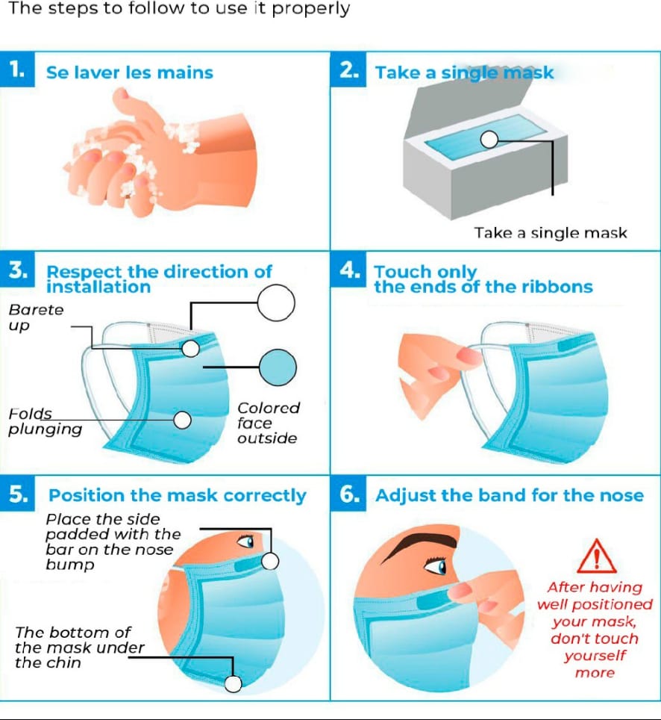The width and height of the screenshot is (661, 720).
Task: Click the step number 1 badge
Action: pyautogui.click(x=17, y=69)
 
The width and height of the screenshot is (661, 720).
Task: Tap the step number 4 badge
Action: pyautogui.click(x=348, y=270)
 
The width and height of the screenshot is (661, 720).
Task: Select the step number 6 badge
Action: pyautogui.click(x=348, y=494)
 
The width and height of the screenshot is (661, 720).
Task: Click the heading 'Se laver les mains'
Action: pyautogui.click(x=130, y=72)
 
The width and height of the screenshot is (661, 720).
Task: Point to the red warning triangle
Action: pyautogui.click(x=596, y=556)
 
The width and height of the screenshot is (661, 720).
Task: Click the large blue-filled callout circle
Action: pyautogui.click(x=278, y=367)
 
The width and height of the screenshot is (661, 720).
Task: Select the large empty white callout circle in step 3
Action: pyautogui.click(x=276, y=303)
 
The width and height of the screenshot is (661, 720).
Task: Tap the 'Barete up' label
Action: pyautogui.click(x=36, y=317)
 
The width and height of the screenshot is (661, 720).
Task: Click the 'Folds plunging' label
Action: pyautogui.click(x=45, y=421)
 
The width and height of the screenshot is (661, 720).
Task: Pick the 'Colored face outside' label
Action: pyautogui.click(x=269, y=423)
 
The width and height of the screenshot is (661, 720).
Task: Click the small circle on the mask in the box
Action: pyautogui.click(x=489, y=140)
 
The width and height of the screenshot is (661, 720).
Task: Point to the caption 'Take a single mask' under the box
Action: pyautogui.click(x=551, y=233)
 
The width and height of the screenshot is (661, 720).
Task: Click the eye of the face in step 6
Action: pyautogui.click(x=436, y=567)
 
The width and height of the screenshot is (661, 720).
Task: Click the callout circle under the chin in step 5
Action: pyautogui.click(x=233, y=683)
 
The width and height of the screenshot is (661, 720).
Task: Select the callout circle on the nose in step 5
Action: pyautogui.click(x=270, y=561)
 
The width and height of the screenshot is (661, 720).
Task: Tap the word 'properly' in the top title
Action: pyautogui.click(x=310, y=9)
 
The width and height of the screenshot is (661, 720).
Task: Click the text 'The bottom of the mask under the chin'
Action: pyautogui.click(x=79, y=648)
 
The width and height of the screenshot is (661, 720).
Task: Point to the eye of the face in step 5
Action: pyautogui.click(x=246, y=541)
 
